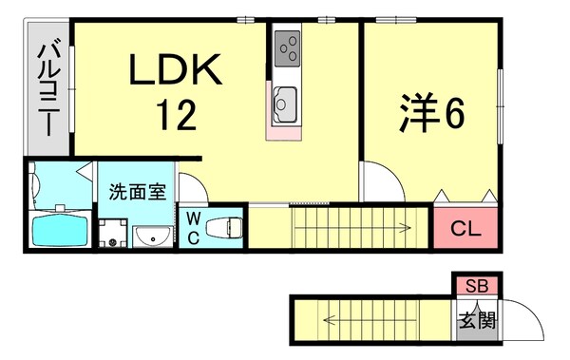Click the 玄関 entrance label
[477, 320]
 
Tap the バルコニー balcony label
[47, 87]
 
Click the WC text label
[193, 228]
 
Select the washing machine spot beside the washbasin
[113, 234]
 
